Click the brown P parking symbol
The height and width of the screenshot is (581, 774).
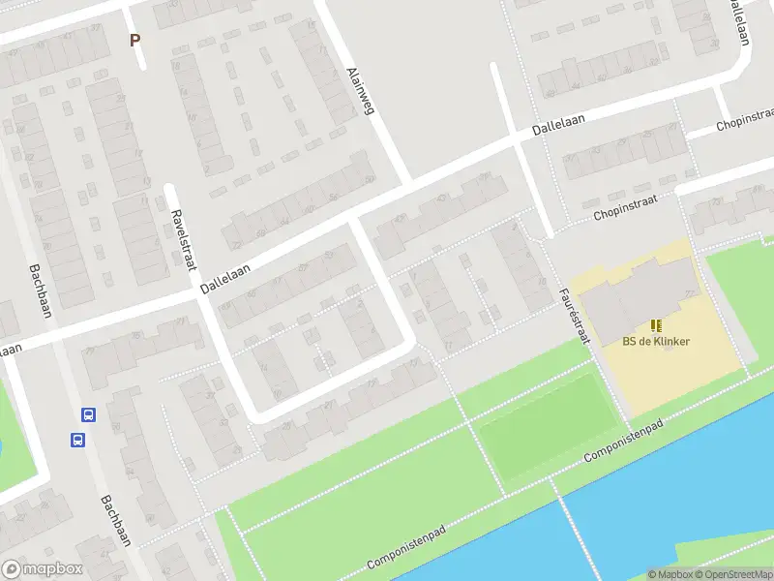click(x=135, y=41)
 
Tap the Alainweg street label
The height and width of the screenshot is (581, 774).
click(x=360, y=91)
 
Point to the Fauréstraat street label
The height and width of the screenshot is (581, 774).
click(x=574, y=315)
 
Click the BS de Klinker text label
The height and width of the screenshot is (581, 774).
click(x=656, y=341)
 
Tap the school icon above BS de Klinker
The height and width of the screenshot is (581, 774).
click(x=656, y=325)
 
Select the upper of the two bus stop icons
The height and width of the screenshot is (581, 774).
click(x=88, y=415)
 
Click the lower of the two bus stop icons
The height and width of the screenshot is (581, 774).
click(x=76, y=440)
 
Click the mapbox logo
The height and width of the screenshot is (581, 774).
click(x=42, y=569)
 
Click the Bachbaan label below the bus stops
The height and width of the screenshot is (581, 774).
click(x=114, y=523)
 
